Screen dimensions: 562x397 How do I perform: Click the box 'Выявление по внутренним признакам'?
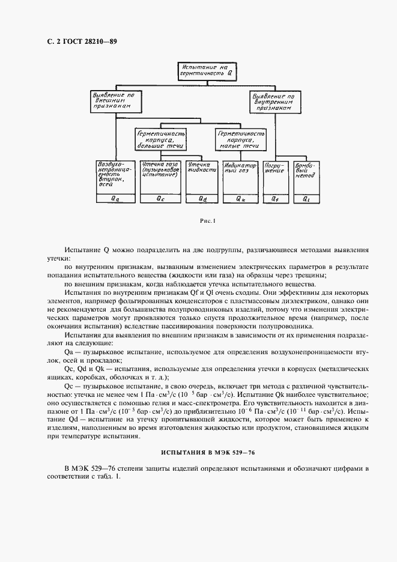pyautogui.click(x=273, y=103)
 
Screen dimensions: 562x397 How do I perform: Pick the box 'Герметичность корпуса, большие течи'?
pyautogui.click(x=160, y=139)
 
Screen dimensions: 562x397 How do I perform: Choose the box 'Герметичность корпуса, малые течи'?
pyautogui.click(x=240, y=139)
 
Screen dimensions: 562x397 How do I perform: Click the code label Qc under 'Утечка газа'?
pyautogui.click(x=160, y=198)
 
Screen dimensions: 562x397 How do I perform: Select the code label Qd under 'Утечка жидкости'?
pyautogui.click(x=202, y=198)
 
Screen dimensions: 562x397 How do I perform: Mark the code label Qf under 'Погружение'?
pyautogui.click(x=274, y=198)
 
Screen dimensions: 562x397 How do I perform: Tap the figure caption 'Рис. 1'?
pyautogui.click(x=207, y=221)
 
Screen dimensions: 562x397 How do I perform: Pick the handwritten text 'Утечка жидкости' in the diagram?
pyautogui.click(x=201, y=168)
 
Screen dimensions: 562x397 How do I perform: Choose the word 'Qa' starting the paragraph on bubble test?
pyautogui.click(x=68, y=350)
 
